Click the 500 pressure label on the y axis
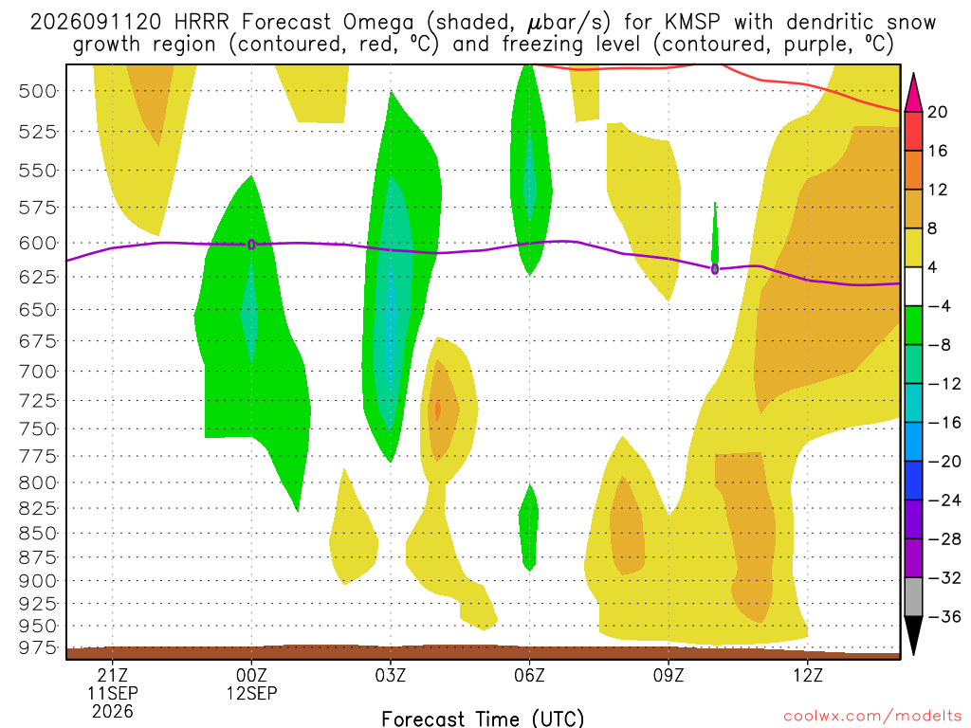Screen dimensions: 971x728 (x=37, y=92)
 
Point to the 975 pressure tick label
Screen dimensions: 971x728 (x=37, y=648)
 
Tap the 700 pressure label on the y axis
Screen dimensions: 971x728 (x=37, y=372)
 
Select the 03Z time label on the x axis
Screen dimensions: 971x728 (x=390, y=675)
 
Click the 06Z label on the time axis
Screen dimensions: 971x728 (x=529, y=675)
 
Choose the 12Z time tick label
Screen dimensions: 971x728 (x=808, y=675)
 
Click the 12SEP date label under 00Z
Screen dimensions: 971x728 (x=251, y=693)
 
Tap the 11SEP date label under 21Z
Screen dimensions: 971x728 (x=112, y=693)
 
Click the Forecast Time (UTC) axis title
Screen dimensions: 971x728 (x=483, y=719)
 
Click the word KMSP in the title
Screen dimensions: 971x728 (x=692, y=23)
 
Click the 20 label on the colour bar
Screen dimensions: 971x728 (x=937, y=112)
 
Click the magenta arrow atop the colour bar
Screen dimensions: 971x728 (x=913, y=92)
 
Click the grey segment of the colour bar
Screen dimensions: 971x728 (x=913, y=597)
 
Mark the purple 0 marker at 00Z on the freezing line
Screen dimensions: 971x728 (x=250, y=245)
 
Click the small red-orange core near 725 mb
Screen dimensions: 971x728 (x=438, y=409)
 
